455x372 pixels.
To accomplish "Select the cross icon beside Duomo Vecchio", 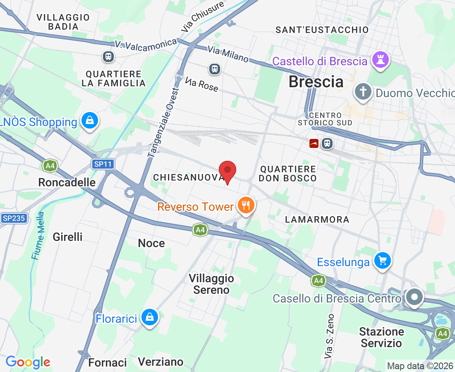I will pyautogui.click(x=363, y=92).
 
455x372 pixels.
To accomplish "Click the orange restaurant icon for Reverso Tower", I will pyautogui.click(x=246, y=205).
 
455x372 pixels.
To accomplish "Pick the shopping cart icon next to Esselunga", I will pyautogui.click(x=383, y=261).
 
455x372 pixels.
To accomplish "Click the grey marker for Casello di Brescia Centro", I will pyautogui.click(x=414, y=297).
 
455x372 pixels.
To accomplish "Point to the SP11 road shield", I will pyautogui.click(x=103, y=164).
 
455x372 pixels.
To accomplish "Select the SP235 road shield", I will pyautogui.click(x=14, y=219).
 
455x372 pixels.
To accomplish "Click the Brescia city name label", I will pyautogui.click(x=316, y=82).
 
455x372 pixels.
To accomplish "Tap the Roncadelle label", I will pyautogui.click(x=67, y=182).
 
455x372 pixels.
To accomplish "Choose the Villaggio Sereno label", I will pyautogui.click(x=211, y=284).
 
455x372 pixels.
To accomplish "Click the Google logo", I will pyautogui.click(x=28, y=362).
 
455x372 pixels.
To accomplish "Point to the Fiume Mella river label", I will pyautogui.click(x=38, y=236).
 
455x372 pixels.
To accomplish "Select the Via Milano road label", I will pyautogui.click(x=228, y=54).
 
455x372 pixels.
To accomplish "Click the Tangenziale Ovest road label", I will pyautogui.click(x=164, y=122).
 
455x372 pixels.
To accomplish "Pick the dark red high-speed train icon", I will pyautogui.click(x=314, y=143).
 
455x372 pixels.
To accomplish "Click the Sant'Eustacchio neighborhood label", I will pyautogui.click(x=322, y=30).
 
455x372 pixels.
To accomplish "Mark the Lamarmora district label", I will pyautogui.click(x=317, y=219).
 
